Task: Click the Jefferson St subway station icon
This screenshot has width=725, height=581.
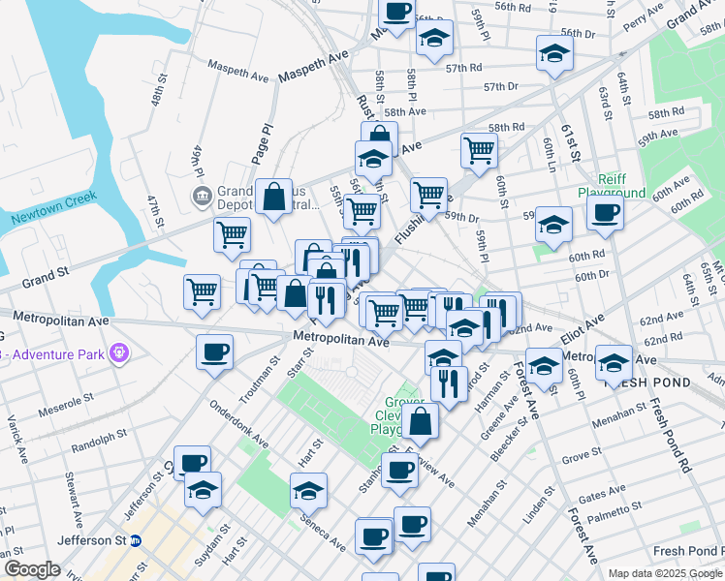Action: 136,540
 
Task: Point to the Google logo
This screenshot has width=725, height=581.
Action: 32,569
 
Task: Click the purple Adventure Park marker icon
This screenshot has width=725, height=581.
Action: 118,352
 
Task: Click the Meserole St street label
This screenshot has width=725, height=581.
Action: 65,406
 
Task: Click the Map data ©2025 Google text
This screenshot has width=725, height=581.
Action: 665,573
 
